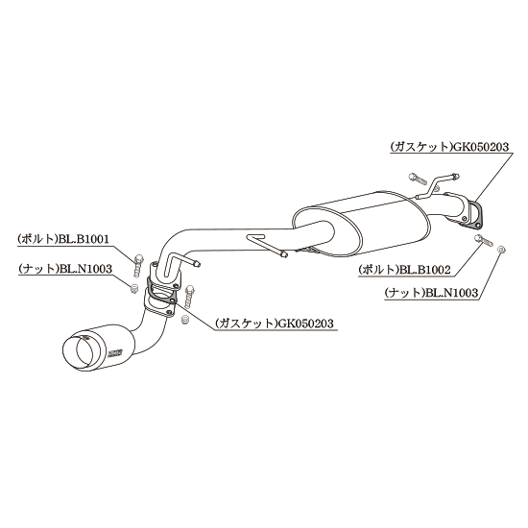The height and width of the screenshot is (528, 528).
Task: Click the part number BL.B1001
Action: (x=84, y=239)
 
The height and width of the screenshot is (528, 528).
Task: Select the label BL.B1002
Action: (x=424, y=270)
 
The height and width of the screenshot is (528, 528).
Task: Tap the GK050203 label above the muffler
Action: (x=481, y=147)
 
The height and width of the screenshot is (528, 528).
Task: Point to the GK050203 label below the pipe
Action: (x=305, y=324)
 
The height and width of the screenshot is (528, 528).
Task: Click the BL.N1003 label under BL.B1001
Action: (x=85, y=269)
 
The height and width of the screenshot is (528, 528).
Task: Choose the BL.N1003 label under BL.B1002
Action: (x=452, y=293)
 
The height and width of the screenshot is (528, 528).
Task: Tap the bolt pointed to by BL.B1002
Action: (x=484, y=240)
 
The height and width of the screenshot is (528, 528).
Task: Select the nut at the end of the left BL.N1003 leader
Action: (x=134, y=288)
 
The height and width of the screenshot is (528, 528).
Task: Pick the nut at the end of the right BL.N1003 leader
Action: (x=501, y=250)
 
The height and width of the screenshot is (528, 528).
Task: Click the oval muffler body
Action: (x=360, y=224)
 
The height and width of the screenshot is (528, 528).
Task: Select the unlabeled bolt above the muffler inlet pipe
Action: (x=416, y=178)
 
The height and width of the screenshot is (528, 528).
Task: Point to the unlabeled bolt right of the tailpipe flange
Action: (x=189, y=296)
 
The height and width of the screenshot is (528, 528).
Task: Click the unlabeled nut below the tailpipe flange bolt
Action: (x=184, y=320)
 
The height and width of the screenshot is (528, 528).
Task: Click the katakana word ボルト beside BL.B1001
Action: (x=37, y=239)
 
